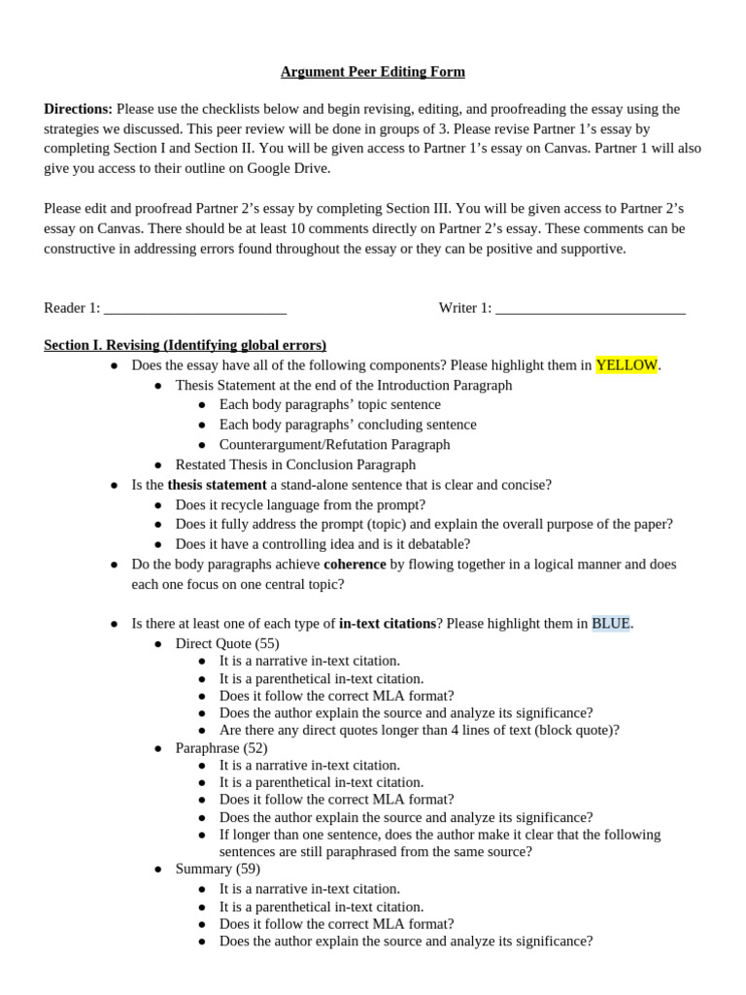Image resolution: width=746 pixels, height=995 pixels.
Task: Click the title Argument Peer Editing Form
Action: pyautogui.click(x=373, y=72)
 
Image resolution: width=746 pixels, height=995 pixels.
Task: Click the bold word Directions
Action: pyautogui.click(x=78, y=109)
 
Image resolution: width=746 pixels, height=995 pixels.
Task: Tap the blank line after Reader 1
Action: pyautogui.click(x=194, y=309)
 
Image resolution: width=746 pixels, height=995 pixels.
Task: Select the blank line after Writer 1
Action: pyautogui.click(x=591, y=309)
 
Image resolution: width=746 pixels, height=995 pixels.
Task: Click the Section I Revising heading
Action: pyautogui.click(x=186, y=345)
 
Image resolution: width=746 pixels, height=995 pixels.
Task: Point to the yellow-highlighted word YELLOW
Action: pyautogui.click(x=627, y=365)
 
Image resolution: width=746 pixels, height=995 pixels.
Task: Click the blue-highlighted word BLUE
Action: pyautogui.click(x=611, y=623)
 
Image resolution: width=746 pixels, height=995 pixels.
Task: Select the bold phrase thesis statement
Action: pyautogui.click(x=217, y=484)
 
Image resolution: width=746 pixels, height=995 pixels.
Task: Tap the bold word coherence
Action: pyautogui.click(x=355, y=564)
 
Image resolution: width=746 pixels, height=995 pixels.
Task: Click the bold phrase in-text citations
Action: pyautogui.click(x=387, y=623)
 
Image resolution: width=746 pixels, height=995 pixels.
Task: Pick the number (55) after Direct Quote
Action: pyautogui.click(x=267, y=643)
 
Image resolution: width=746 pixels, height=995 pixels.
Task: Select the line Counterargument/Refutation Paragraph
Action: pyautogui.click(x=334, y=444)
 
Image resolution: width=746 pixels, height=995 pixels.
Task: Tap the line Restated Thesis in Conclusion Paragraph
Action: pyautogui.click(x=295, y=464)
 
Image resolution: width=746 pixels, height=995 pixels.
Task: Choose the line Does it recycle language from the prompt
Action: pyautogui.click(x=300, y=504)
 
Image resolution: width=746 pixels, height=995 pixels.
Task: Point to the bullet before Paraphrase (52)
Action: pyautogui.click(x=158, y=748)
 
